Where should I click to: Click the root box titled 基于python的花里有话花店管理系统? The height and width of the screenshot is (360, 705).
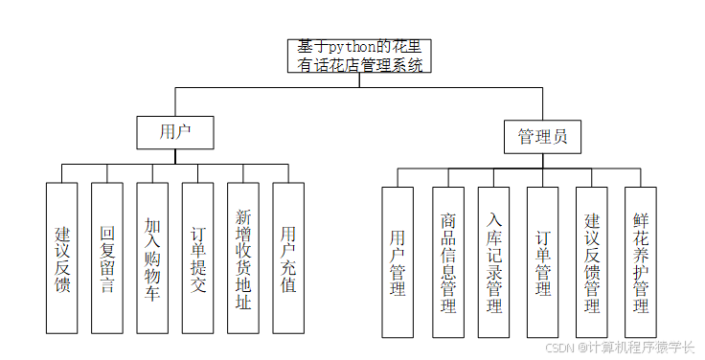358,56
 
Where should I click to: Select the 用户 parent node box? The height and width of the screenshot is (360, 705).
173,131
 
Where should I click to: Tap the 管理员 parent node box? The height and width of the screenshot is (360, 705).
542,136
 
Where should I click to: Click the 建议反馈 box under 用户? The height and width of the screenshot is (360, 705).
62,258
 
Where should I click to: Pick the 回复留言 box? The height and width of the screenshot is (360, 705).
107,258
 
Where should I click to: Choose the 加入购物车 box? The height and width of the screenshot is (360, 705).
152,258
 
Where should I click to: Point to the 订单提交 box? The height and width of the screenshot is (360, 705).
197,258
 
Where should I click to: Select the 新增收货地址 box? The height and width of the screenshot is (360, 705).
242,258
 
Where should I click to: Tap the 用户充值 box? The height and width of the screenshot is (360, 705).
288,258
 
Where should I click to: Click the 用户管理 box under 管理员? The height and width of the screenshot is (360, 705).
398,261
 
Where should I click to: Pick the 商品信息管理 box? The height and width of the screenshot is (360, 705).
447,261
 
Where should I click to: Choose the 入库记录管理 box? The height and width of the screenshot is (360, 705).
494,261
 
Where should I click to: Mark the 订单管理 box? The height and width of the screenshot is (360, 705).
542,261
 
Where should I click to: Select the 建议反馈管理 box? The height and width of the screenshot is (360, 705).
592,261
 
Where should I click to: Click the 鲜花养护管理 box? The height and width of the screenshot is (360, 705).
641,261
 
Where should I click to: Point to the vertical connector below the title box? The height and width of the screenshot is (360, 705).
359,79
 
